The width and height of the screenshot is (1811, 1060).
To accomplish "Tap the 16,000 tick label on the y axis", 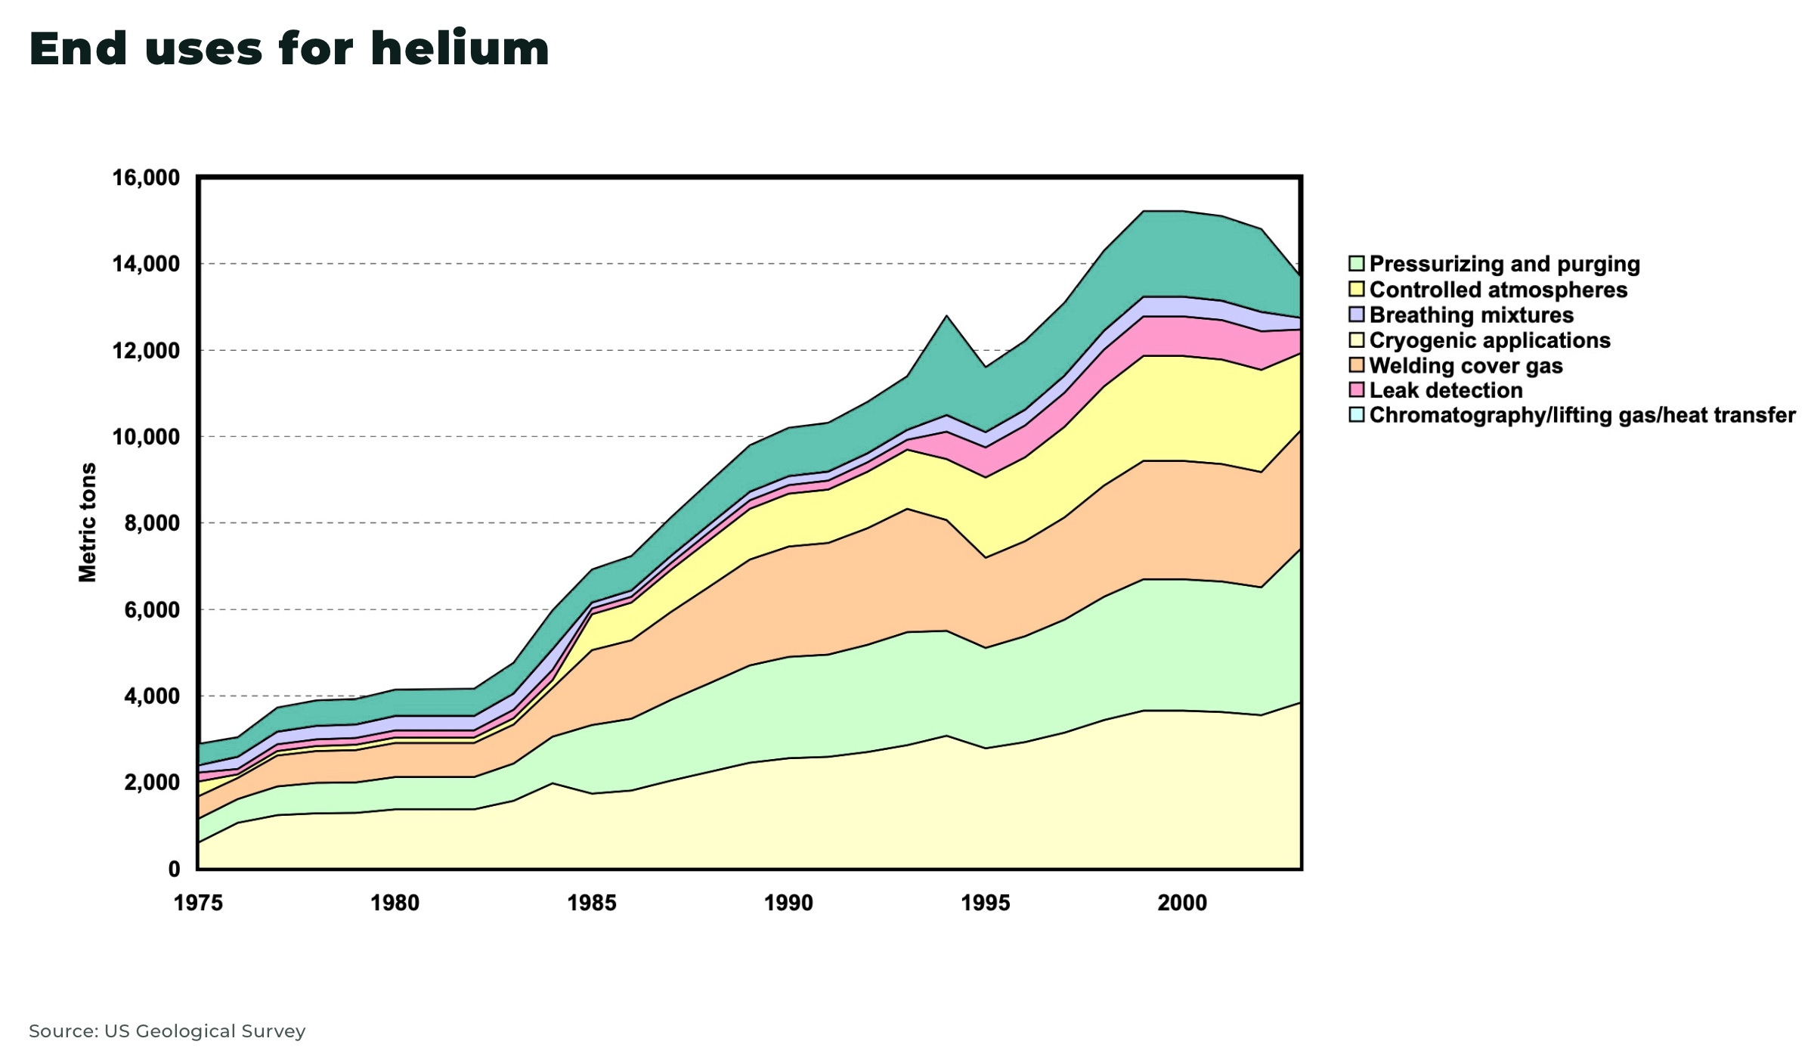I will (146, 178).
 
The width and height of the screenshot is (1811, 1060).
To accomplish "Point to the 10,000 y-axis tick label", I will (146, 437).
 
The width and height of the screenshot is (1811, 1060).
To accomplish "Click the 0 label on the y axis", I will (174, 869).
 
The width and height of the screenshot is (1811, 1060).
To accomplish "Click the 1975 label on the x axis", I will (198, 903).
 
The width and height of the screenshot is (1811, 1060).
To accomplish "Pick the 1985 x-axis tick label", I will (592, 903).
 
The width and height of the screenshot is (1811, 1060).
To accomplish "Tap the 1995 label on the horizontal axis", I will (985, 903).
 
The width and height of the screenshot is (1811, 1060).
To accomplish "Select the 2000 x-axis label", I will (1182, 903).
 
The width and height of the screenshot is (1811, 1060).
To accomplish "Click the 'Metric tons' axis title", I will (88, 522).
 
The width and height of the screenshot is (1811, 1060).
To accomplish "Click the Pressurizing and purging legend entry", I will (1503, 264).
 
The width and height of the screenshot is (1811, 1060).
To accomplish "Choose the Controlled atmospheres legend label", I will (1497, 290).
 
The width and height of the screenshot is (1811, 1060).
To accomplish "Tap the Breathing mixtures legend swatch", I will (1356, 315).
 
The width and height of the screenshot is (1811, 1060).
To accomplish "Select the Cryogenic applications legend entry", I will (1489, 340).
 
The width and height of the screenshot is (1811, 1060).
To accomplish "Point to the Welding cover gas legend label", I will (1465, 366).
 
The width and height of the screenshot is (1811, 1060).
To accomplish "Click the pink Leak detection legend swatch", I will (1356, 390).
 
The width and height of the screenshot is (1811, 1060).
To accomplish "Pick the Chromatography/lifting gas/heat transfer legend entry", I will (1581, 415).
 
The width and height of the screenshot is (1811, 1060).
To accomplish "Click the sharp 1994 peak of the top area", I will (946, 316).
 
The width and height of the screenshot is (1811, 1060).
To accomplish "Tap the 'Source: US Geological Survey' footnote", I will (167, 1031).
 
